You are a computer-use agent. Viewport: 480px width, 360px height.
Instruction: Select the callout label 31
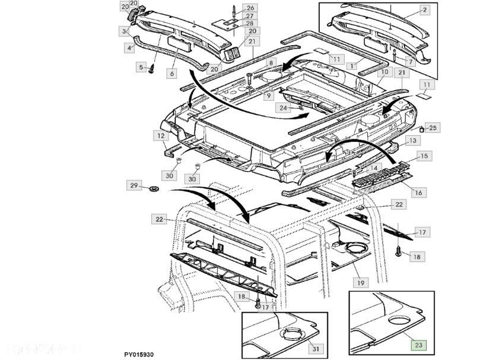point(315,348)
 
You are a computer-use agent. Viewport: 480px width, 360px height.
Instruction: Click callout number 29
point(134,186)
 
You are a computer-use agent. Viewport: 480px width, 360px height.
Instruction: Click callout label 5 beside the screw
point(142,67)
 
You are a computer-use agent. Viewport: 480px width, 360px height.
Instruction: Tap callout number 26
point(233,8)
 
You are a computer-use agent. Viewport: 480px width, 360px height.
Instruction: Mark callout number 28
point(233,23)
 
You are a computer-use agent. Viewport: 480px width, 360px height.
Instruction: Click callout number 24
point(284,108)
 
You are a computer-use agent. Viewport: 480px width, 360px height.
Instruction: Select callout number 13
point(412,141)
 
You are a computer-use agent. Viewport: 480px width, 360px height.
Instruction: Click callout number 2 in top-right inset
point(425,9)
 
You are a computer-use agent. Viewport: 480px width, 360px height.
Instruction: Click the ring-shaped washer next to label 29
point(152,189)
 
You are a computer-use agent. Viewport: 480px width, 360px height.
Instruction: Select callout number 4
point(129,47)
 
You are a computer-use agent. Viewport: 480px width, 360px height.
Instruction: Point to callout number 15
point(422,156)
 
